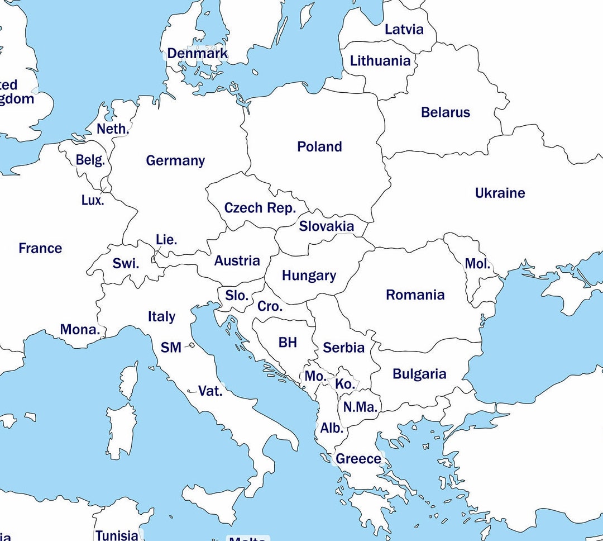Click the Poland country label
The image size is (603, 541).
(x=319, y=147)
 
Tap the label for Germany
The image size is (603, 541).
(x=175, y=161)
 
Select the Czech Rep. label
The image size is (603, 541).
(x=260, y=208)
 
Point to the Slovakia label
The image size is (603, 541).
(x=326, y=226)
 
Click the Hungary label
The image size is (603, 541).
(x=309, y=276)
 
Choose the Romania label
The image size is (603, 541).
(x=415, y=295)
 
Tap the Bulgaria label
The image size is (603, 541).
(x=419, y=374)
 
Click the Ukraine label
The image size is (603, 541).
(x=500, y=193)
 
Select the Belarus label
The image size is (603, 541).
(x=446, y=112)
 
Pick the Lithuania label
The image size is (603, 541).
(x=380, y=61)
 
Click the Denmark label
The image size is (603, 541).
(x=198, y=54)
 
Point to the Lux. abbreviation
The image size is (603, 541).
(x=93, y=200)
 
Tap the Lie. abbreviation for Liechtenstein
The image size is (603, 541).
(x=166, y=240)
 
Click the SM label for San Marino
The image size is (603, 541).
(x=171, y=348)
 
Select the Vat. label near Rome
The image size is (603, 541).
(x=210, y=391)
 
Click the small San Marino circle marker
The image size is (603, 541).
(x=192, y=345)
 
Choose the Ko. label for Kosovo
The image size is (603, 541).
(x=344, y=385)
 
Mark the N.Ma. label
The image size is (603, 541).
(x=361, y=407)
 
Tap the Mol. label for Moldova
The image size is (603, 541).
(x=477, y=264)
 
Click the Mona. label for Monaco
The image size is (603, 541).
(x=80, y=330)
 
